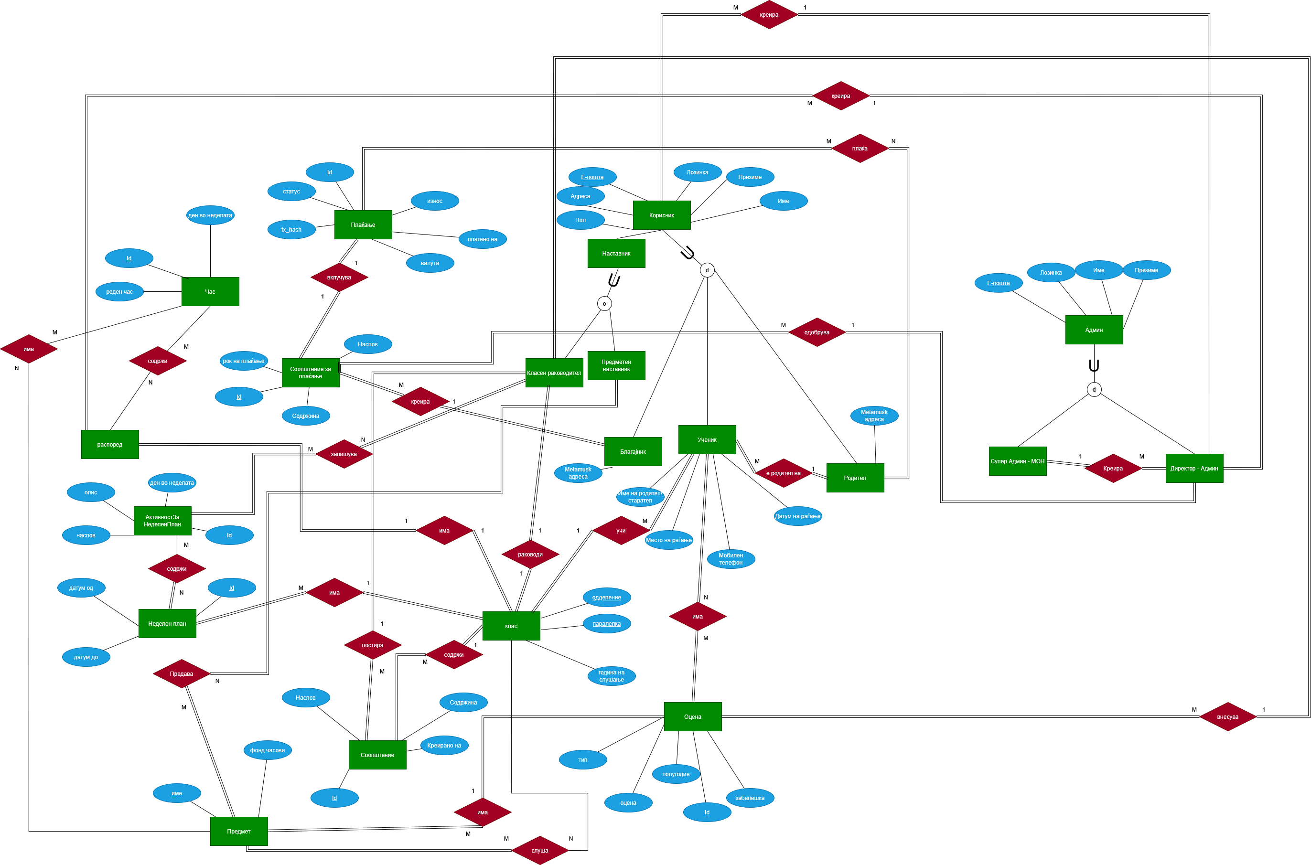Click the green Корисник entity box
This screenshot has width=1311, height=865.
pos(662,215)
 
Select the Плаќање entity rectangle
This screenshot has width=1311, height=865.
pos(363,224)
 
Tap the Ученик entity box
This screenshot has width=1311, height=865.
pos(707,440)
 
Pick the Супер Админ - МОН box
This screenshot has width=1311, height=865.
pos(1018,461)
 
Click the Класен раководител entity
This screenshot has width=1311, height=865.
pos(554,373)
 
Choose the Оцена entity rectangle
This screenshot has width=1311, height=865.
pos(692,716)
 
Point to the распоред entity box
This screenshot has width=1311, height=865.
pos(110,445)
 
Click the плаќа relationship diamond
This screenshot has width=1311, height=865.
pos(860,149)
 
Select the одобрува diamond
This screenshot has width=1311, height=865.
pos(817,332)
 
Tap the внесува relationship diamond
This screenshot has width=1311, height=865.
pos(1228,716)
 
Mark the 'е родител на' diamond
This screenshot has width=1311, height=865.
pos(783,473)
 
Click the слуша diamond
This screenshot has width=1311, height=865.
pos(539,851)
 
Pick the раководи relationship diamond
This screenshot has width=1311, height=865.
pos(530,555)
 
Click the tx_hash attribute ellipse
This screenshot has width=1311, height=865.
pos(291,229)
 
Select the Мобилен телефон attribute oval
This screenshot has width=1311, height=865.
pos(731,559)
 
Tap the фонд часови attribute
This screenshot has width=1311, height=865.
pos(268,750)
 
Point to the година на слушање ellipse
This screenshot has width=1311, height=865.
pos(612,676)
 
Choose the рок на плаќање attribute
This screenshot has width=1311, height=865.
pos(243,361)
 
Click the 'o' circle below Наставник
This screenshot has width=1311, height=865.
pos(604,303)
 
